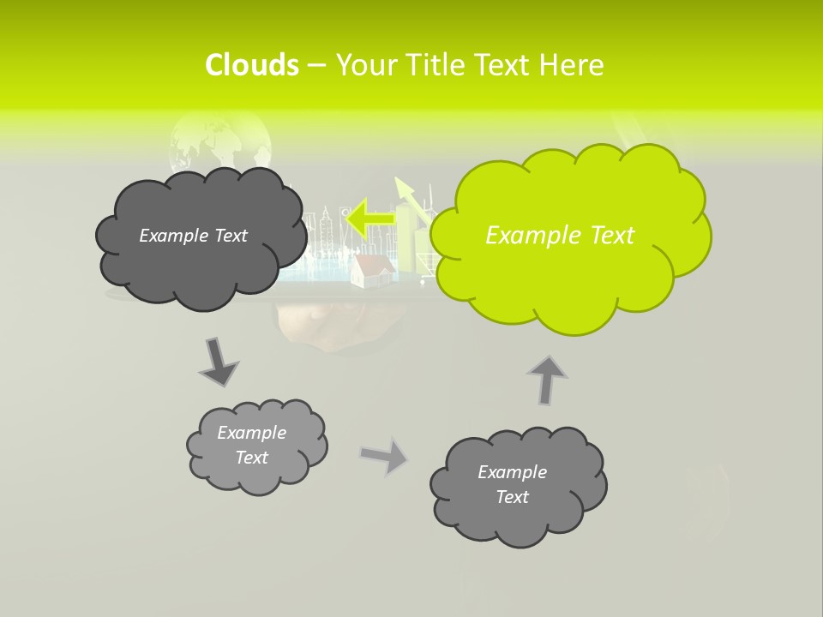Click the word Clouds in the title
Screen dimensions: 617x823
pos(252,64)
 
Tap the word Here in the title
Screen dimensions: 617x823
pos(573,64)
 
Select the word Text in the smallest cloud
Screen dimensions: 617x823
pos(252,458)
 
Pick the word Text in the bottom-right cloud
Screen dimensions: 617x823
pos(513,497)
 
